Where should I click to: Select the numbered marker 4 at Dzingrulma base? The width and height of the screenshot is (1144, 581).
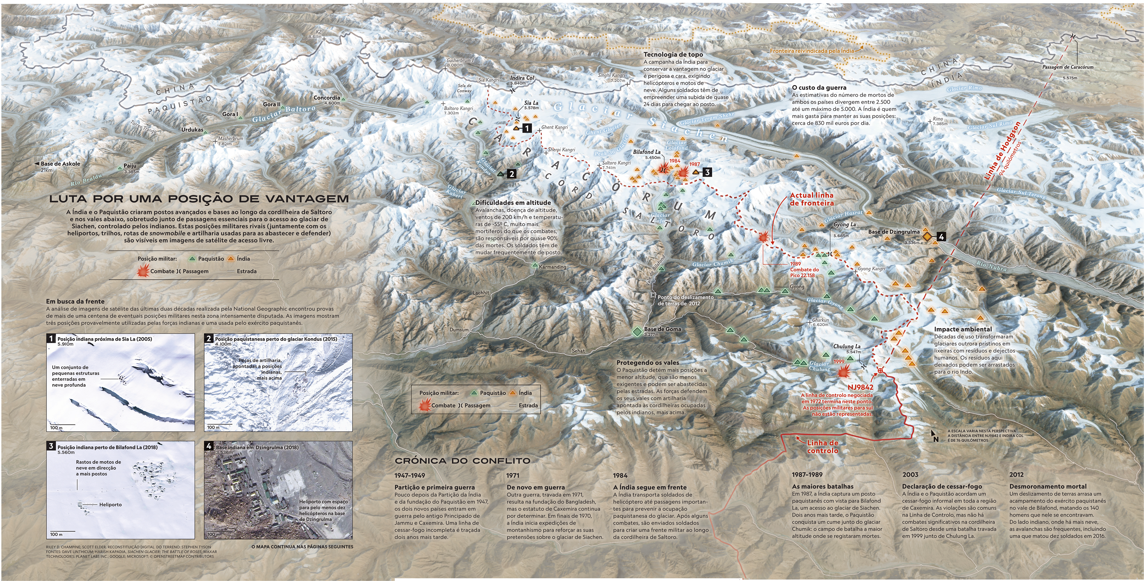pos(941,237)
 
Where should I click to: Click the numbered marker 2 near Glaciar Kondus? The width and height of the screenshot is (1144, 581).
pos(511,174)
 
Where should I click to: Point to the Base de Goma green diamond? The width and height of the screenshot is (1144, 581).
pos(637,331)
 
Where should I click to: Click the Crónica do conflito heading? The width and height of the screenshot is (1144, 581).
pos(462,461)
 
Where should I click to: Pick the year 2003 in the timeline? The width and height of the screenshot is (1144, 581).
pos(911,474)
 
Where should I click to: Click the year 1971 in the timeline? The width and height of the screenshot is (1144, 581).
pos(513,475)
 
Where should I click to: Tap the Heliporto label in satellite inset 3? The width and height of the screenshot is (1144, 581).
pos(110,505)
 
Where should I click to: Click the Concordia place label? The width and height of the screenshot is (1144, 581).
pos(326,98)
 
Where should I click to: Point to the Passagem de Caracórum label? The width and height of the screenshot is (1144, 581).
pos(1067,67)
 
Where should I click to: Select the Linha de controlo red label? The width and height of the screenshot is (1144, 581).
pos(823,446)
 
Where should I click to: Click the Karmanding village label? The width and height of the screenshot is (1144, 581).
pos(552,267)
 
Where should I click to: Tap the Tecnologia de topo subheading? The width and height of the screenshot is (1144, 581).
pos(673,55)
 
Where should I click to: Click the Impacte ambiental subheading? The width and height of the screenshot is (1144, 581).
pos(962,329)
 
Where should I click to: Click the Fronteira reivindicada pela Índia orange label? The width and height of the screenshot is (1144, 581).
pos(811,51)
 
